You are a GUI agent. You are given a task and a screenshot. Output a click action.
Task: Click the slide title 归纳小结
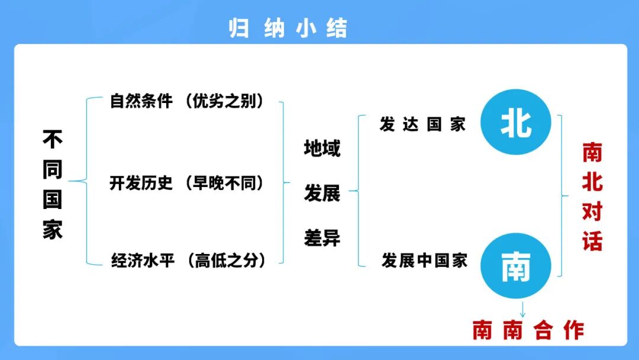[x=288, y=28]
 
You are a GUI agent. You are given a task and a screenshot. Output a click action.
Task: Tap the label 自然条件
[x=141, y=101]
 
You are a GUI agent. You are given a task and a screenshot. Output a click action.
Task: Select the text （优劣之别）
[x=224, y=101]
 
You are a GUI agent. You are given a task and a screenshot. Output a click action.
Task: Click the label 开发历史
[x=141, y=183]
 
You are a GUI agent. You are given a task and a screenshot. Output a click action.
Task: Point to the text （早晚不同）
[x=224, y=183]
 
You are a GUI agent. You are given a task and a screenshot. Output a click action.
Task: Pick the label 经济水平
[x=143, y=260]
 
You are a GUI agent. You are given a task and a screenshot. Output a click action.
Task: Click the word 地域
[x=322, y=148]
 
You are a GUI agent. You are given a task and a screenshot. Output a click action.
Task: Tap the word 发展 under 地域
[x=322, y=192]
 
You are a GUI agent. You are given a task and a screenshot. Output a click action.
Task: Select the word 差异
[x=322, y=238]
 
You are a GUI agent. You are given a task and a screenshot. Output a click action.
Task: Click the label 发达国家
[x=422, y=124]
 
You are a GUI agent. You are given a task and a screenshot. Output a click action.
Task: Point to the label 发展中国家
[x=425, y=260]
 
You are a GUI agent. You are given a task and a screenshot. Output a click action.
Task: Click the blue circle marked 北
[x=516, y=123]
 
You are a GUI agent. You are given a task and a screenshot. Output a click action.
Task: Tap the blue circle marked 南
[x=516, y=267]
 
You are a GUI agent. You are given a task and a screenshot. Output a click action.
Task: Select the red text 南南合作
[x=528, y=330]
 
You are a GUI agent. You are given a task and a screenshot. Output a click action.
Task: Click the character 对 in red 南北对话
[x=592, y=211]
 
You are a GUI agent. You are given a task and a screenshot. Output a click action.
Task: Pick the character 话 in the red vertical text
[x=592, y=241]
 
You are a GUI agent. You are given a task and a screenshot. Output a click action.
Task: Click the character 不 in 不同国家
[x=52, y=140]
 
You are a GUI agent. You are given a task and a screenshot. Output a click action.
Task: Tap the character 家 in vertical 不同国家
[x=52, y=229]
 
